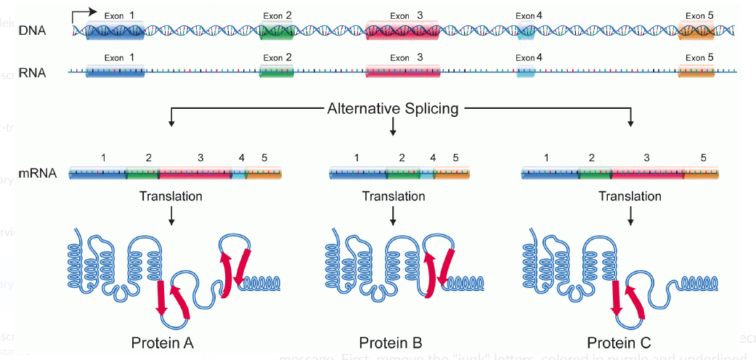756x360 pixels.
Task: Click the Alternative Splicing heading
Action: [393, 109]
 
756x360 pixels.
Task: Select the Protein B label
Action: [391, 343]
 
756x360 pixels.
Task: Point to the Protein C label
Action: [619, 343]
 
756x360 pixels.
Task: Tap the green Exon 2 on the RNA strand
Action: [277, 70]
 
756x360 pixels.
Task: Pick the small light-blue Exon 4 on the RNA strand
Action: [526, 70]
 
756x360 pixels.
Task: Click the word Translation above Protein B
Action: [393, 196]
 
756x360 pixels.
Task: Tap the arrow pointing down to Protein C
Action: [630, 213]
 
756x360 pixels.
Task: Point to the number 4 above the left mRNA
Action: [242, 157]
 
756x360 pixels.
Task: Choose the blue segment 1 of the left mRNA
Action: [97, 173]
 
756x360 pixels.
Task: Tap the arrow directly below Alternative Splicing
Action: [393, 128]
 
